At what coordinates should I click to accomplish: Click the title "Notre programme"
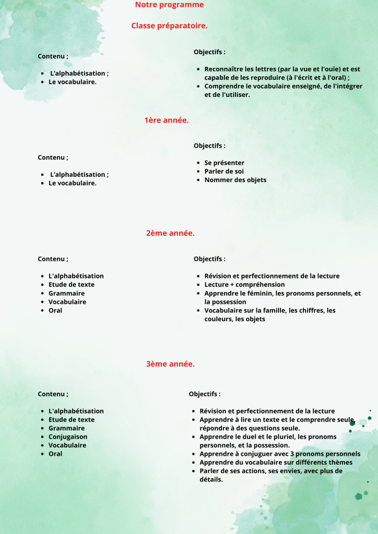coord(169,5)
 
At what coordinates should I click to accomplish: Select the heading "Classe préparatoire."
coord(169,26)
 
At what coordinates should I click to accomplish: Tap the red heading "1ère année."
coord(167,120)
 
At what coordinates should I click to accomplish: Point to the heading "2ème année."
coord(170,233)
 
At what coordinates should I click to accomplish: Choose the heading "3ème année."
coord(170,364)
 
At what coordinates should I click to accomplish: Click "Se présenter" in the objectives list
coord(225,163)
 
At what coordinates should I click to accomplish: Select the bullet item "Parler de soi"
coord(224,171)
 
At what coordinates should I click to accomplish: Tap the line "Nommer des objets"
coord(235,180)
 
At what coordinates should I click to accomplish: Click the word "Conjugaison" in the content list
coord(68,436)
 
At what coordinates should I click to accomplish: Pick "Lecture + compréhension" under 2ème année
coord(244,285)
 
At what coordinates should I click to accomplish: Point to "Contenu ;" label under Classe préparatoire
coord(53,56)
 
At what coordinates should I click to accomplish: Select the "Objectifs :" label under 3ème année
coord(205,394)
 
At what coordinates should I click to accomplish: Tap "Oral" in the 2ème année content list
coord(55,310)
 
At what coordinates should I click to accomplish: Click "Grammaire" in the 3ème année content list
coord(66,428)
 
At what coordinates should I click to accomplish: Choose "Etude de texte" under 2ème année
coord(72,285)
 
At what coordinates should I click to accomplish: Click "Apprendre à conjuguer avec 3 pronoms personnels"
coord(280,454)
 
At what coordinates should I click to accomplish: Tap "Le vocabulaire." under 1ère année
coord(73,183)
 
